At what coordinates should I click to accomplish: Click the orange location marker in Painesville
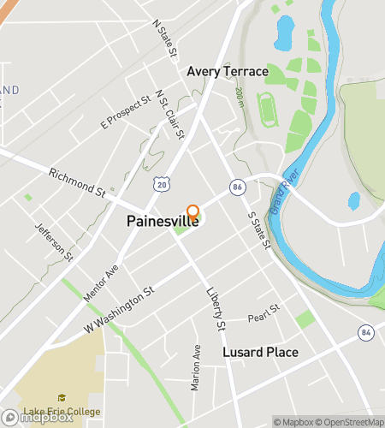(x=192, y=212)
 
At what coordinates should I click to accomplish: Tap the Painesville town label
(x=163, y=221)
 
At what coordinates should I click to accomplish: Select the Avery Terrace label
(x=228, y=71)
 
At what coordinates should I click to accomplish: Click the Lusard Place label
(x=260, y=353)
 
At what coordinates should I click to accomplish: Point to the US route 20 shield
(x=163, y=182)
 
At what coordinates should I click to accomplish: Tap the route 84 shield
(x=366, y=332)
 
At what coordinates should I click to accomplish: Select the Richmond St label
(x=76, y=182)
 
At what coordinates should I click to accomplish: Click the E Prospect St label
(x=125, y=112)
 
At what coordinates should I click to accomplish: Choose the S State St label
(x=258, y=231)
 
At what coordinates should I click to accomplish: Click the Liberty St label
(x=215, y=308)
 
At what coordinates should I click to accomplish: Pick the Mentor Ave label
(x=100, y=285)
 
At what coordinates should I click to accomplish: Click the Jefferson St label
(x=54, y=242)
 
